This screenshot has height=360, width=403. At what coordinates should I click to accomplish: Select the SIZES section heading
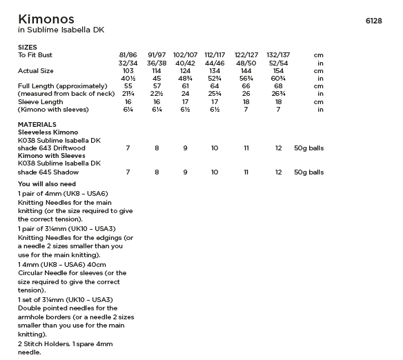point(28,47)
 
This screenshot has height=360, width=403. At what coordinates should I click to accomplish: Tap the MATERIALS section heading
point(37,124)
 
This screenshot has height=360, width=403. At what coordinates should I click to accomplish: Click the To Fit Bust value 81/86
point(128,54)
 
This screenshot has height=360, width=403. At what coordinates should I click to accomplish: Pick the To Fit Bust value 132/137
point(278,54)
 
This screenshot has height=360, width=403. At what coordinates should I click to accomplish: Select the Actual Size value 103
point(128,70)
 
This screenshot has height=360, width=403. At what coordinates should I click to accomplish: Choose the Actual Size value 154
point(278,70)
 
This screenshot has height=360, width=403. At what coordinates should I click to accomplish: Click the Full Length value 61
point(186,86)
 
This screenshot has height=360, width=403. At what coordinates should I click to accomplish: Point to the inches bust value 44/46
point(215,63)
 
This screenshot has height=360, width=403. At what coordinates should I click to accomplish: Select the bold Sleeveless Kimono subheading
point(48,132)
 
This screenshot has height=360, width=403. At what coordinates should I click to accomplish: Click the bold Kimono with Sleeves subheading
point(51,156)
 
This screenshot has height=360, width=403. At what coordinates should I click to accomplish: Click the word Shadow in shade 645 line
point(66,172)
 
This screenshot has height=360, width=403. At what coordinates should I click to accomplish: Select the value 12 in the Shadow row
point(278,172)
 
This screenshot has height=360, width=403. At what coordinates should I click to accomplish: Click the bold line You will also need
point(47,184)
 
